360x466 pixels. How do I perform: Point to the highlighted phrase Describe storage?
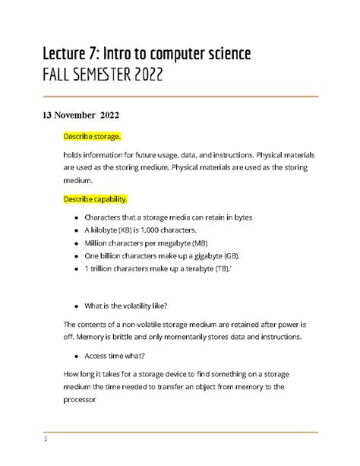[x=92, y=136]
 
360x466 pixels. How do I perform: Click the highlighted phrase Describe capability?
[x=96, y=199]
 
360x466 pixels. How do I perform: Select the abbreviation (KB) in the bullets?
[x=128, y=230]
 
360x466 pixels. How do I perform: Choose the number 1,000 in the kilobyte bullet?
[x=153, y=230]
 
